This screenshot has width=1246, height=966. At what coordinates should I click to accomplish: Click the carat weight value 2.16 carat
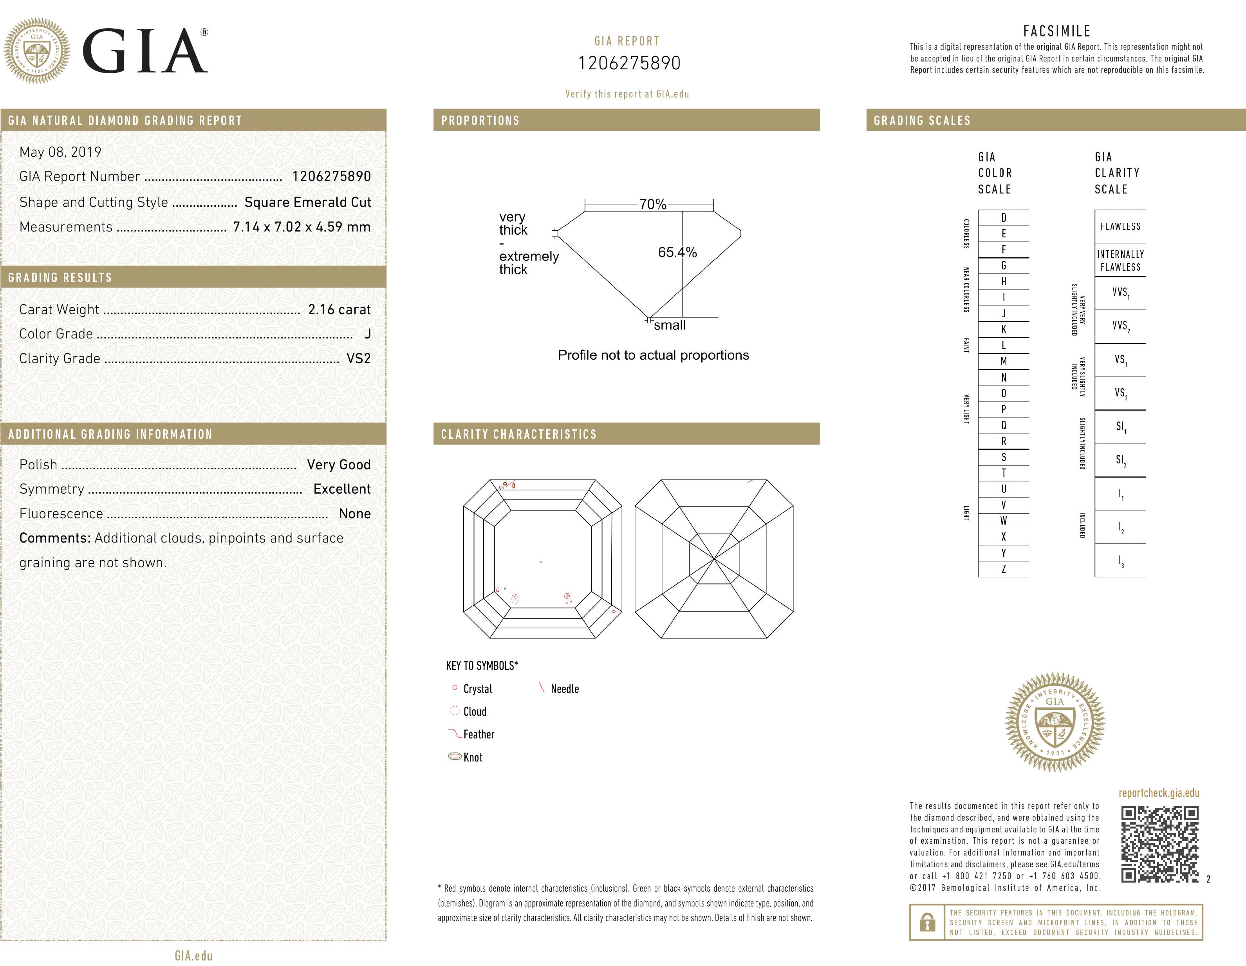click(339, 309)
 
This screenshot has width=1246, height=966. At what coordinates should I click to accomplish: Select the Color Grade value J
click(367, 334)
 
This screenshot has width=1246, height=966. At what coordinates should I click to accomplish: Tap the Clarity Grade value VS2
click(358, 358)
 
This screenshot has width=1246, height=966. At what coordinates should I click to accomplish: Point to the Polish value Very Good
click(338, 465)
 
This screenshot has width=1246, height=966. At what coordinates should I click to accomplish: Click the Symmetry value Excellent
click(342, 489)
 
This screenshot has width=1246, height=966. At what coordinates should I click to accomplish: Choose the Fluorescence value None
click(354, 514)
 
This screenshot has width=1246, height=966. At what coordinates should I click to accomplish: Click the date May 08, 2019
click(60, 152)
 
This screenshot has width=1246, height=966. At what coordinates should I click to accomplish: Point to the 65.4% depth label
click(677, 252)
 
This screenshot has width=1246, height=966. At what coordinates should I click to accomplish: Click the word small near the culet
click(670, 325)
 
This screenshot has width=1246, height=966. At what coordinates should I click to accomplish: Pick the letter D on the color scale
click(1004, 217)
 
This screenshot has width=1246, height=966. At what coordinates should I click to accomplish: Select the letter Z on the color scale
click(1004, 569)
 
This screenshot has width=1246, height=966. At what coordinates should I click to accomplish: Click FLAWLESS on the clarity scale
click(1120, 226)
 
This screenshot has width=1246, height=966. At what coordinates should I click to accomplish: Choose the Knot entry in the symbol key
click(472, 757)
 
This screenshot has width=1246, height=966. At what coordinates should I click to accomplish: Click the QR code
click(1160, 844)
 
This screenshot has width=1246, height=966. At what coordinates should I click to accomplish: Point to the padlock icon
click(928, 922)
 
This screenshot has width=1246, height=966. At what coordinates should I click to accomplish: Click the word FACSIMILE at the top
click(1056, 31)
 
